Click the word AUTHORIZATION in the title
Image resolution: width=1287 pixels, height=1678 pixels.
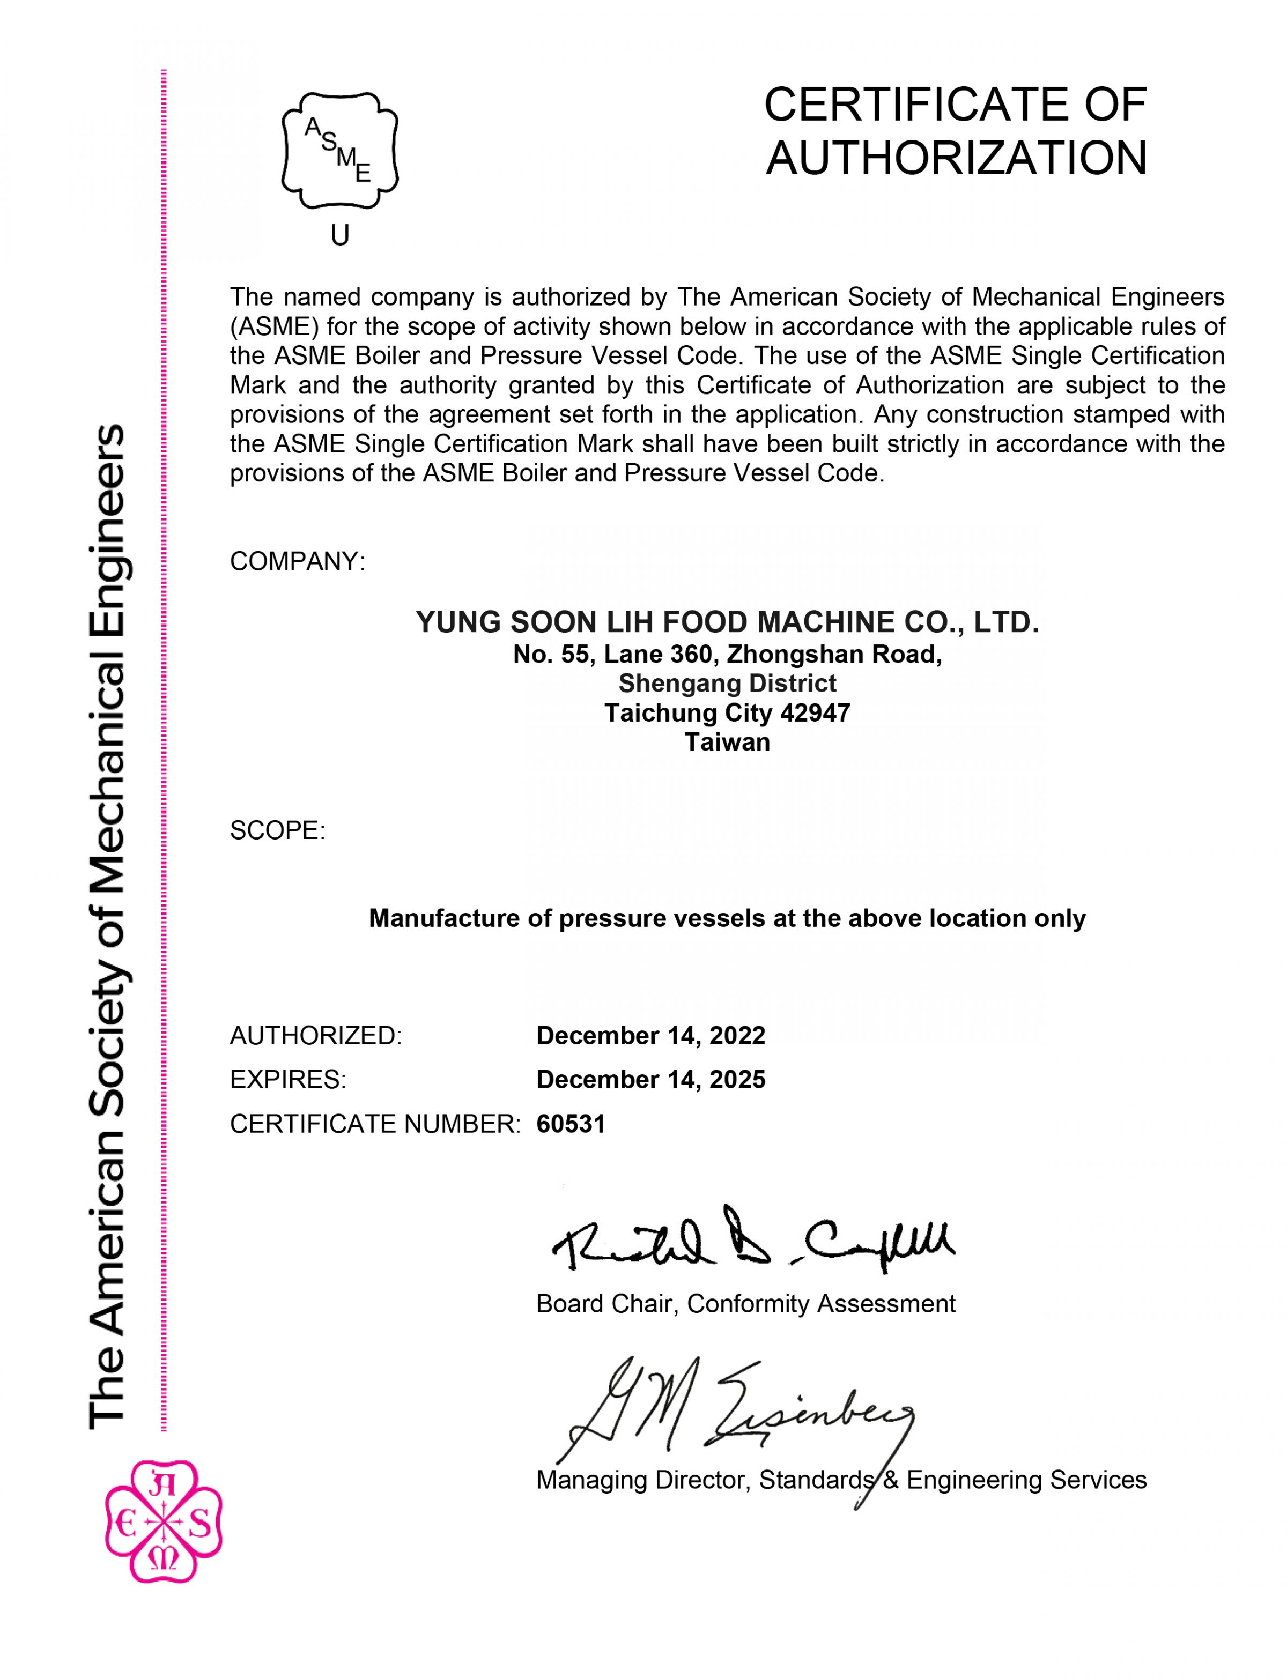956,159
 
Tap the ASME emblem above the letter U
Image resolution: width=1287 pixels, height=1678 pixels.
340,151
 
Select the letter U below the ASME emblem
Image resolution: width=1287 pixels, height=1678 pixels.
340,236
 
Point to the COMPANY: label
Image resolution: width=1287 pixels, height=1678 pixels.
297,561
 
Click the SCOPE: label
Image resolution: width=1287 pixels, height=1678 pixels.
277,830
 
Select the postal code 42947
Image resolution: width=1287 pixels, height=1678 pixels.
815,713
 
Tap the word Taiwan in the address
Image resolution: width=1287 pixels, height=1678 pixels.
727,742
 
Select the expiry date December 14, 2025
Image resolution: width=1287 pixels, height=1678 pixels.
650,1079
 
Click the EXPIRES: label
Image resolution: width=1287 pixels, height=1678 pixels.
288,1079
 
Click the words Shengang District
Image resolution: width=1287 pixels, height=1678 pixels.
727,683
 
